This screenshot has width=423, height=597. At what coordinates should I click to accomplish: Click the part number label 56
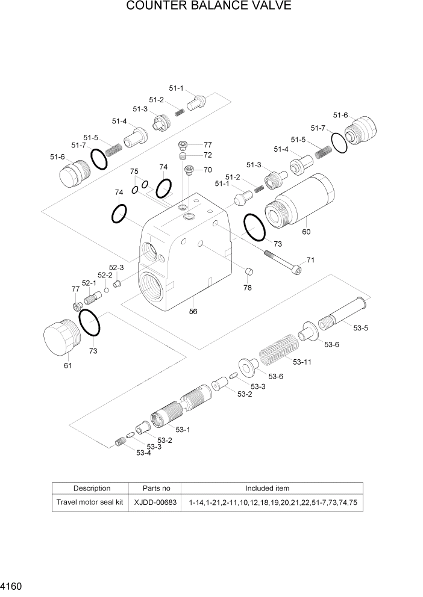pos(193,312)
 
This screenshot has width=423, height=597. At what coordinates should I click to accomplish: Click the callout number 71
pos(311,260)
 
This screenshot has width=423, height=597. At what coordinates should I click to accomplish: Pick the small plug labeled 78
pos(247,273)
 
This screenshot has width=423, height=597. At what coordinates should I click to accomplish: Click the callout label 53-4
pos(143,453)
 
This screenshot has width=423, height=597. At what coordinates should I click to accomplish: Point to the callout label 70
pos(207,170)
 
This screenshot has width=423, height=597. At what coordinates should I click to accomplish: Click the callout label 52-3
pos(116,267)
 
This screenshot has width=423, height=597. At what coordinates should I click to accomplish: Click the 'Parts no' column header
pos(156,488)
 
